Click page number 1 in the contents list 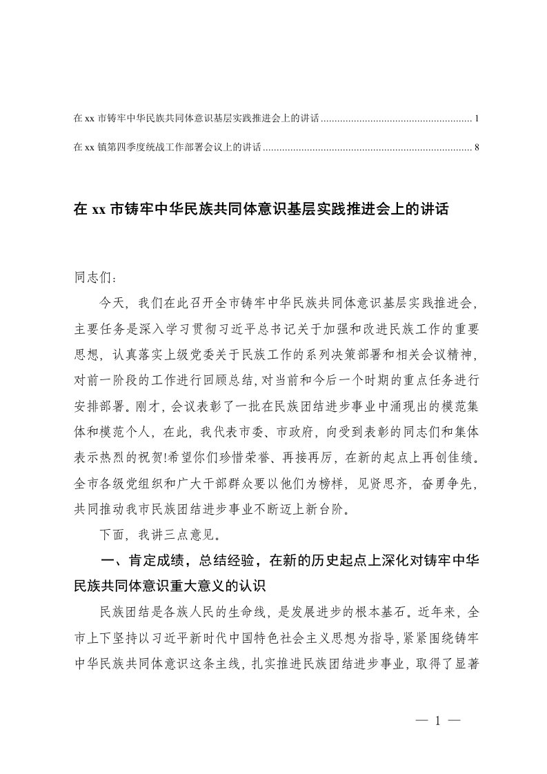[x=477, y=119]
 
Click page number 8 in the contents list [x=477, y=147]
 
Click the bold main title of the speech [x=261, y=210]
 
